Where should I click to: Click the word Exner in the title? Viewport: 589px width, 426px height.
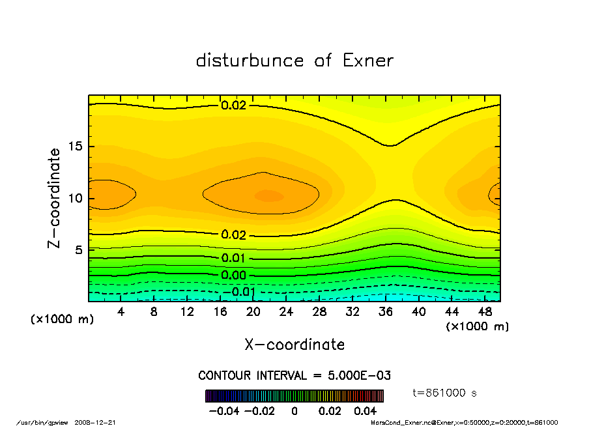click(367, 61)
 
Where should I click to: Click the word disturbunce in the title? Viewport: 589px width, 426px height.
click(250, 61)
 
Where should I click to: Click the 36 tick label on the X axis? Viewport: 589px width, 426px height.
click(386, 312)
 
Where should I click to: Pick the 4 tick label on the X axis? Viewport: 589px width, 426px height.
click(121, 312)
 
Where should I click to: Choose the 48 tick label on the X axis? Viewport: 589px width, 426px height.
click(485, 312)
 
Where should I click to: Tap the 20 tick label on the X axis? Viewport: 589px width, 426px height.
click(253, 312)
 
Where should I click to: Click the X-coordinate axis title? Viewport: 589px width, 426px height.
click(294, 345)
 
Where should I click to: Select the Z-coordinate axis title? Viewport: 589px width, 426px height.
click(55, 197)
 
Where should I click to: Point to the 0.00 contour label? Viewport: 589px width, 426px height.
click(233, 275)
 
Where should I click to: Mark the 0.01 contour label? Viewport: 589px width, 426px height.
click(233, 258)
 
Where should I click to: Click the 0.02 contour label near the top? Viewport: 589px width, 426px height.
click(233, 105)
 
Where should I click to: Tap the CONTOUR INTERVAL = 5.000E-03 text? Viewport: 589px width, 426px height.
click(294, 376)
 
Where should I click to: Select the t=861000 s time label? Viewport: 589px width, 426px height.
click(446, 393)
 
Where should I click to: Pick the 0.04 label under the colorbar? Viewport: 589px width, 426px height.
click(366, 411)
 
